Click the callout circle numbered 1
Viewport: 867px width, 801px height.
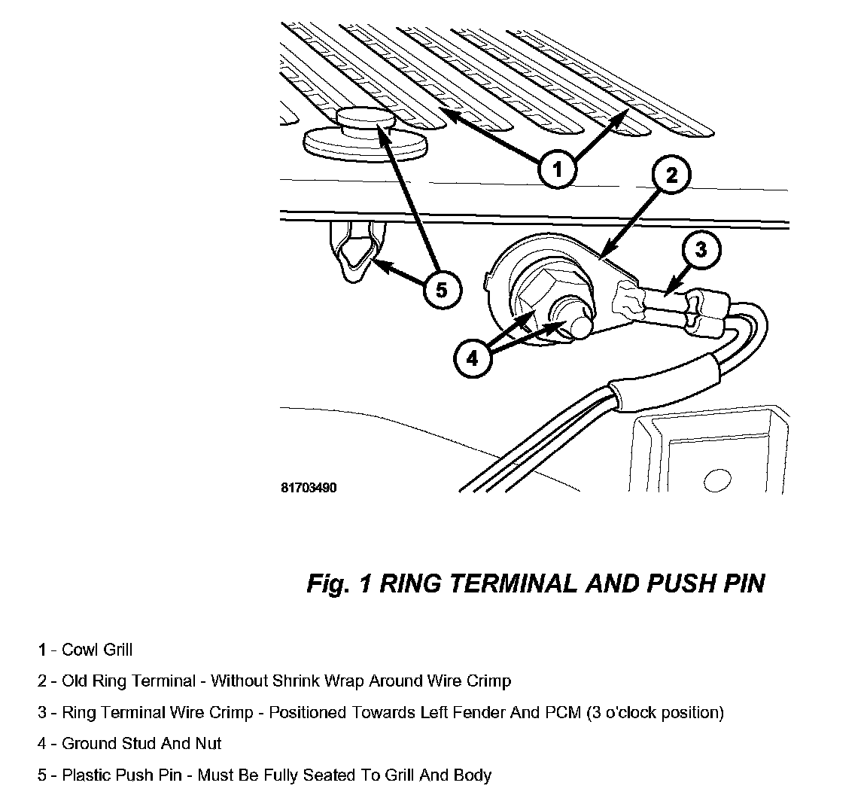click(x=557, y=170)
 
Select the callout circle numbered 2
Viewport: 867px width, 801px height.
click(x=671, y=175)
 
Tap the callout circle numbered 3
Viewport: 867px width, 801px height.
click(x=701, y=249)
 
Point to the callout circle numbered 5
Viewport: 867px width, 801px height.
click(x=441, y=289)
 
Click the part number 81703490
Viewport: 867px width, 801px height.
click(x=309, y=488)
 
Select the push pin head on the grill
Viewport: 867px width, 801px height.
click(x=365, y=120)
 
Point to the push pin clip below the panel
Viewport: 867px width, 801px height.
click(x=353, y=252)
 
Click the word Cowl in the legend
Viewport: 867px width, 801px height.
click(x=79, y=650)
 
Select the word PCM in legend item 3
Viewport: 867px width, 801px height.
click(x=562, y=712)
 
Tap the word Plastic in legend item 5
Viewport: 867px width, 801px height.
click(x=87, y=775)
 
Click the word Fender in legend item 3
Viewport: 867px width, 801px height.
click(x=478, y=712)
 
